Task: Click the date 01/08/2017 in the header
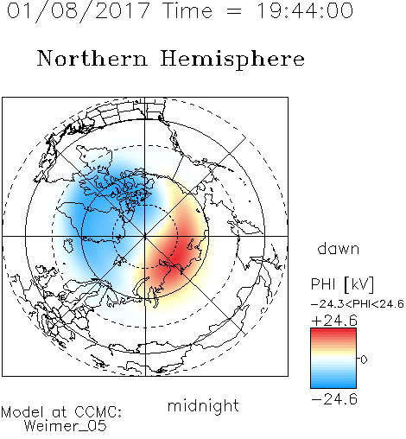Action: pos(78,11)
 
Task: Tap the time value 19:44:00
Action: pos(305,10)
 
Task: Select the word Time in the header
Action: pos(187,10)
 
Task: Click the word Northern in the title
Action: pos(92,59)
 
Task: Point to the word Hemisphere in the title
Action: pos(232,60)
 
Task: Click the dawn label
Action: pos(339,248)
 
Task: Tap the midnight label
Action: pos(203,405)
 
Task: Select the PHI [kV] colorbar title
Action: pos(342,284)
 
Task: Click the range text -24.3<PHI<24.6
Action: pos(358,304)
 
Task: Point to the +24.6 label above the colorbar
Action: pos(334,321)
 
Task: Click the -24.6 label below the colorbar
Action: pos(334,399)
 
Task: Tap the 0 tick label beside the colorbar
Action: pos(364,359)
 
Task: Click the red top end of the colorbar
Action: pos(333,330)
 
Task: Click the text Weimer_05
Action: pos(66,426)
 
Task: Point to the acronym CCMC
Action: pos(97,412)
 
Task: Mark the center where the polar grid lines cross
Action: pos(145,236)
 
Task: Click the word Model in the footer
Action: pos(22,412)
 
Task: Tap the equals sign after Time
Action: pos(234,12)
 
